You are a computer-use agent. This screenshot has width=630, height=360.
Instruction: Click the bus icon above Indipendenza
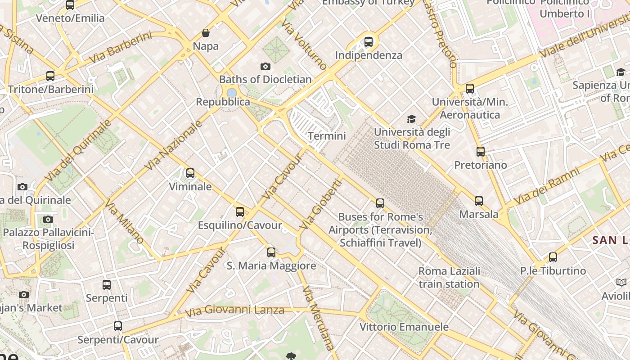click(x=369, y=42)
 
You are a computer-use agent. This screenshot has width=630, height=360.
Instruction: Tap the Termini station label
click(x=327, y=136)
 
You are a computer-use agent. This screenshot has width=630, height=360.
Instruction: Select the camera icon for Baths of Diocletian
click(x=265, y=67)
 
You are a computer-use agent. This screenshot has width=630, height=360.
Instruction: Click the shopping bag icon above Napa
click(x=206, y=33)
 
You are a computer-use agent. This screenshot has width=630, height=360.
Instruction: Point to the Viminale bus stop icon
click(x=190, y=173)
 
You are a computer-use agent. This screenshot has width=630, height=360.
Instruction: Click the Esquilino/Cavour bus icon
click(x=240, y=212)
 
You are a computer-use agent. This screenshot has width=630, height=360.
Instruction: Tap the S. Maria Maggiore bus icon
click(x=271, y=252)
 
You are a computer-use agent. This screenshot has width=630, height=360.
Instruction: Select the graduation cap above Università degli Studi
click(x=411, y=119)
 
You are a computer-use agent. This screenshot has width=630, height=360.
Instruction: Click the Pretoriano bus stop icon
click(x=481, y=152)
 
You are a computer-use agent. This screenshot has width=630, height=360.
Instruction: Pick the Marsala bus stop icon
click(x=479, y=201)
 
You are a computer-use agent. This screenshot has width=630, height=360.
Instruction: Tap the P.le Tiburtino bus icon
click(x=553, y=258)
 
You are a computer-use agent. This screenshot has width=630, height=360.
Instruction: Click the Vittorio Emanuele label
click(x=404, y=327)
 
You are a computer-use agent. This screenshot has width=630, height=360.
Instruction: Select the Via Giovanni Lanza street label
click(x=234, y=310)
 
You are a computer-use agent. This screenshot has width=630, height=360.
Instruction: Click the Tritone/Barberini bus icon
click(x=50, y=76)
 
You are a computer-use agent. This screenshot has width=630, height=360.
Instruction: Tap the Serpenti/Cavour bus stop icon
click(x=118, y=326)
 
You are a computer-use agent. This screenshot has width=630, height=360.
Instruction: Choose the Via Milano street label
click(x=124, y=222)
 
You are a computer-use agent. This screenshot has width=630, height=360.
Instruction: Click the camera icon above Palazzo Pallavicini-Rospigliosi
click(x=48, y=220)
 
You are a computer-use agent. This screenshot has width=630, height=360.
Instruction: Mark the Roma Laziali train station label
click(x=449, y=278)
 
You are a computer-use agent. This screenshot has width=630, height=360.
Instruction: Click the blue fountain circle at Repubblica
click(x=232, y=93)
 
